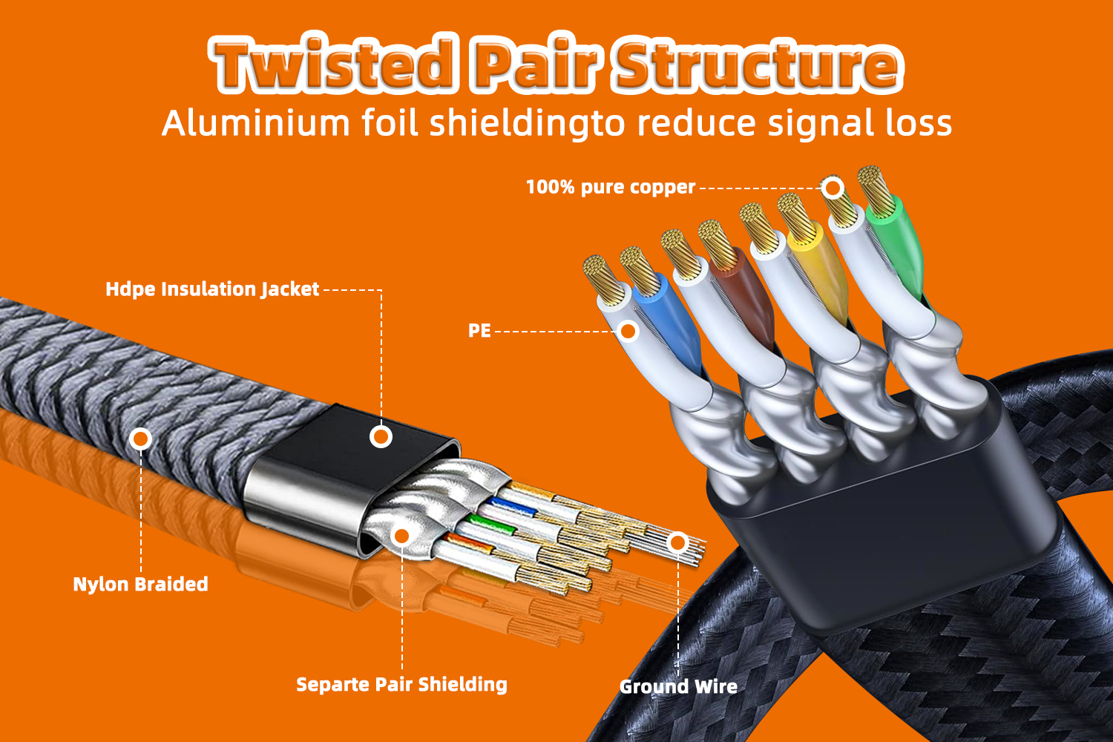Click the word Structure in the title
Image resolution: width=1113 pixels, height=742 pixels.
[758, 65]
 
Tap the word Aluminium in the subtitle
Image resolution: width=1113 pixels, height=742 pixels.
[255, 123]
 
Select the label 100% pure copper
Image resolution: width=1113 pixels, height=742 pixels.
[610, 187]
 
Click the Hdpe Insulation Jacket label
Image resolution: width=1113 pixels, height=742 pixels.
[212, 289]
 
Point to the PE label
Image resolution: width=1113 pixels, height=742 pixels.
[479, 331]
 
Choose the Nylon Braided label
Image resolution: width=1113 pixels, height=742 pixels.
[140, 585]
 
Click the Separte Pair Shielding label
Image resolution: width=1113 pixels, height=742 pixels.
[401, 685]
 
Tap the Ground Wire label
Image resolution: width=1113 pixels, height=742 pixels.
[678, 687]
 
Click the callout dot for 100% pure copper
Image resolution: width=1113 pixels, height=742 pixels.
[833, 188]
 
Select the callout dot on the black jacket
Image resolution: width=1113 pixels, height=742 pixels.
[381, 436]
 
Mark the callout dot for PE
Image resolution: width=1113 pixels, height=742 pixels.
[628, 331]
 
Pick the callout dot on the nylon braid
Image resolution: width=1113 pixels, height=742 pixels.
[140, 439]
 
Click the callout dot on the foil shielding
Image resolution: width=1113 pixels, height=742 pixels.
[401, 535]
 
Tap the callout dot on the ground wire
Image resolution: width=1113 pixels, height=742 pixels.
[677, 543]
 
